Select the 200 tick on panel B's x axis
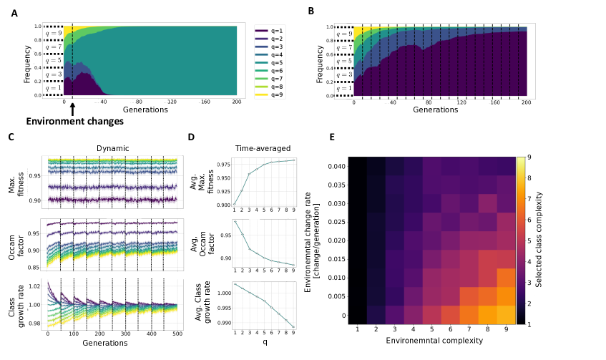coord(526,103)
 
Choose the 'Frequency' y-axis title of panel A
coord(26,64)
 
